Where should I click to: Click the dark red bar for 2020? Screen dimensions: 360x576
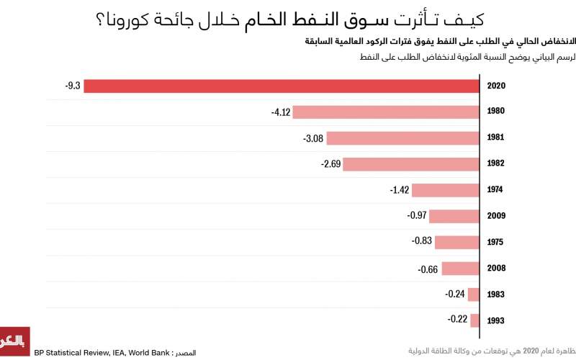(x=282, y=86)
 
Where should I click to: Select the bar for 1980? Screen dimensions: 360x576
(x=386, y=112)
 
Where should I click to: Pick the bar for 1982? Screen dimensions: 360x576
(x=411, y=164)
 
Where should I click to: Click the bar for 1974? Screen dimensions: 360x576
(x=446, y=190)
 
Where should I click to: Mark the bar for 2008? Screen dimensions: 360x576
(x=461, y=269)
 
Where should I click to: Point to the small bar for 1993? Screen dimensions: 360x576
(x=474, y=320)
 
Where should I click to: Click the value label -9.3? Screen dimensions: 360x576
(x=72, y=86)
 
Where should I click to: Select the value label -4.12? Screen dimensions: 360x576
(x=280, y=112)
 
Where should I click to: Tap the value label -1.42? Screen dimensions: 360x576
(x=399, y=190)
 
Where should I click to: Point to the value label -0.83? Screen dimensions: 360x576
(x=421, y=240)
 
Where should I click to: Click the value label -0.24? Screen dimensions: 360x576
(x=455, y=294)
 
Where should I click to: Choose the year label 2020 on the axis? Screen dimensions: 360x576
(x=495, y=86)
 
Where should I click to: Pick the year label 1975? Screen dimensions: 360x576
(x=495, y=242)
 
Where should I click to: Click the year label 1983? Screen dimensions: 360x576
(x=495, y=294)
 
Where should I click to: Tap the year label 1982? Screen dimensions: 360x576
(x=495, y=164)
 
